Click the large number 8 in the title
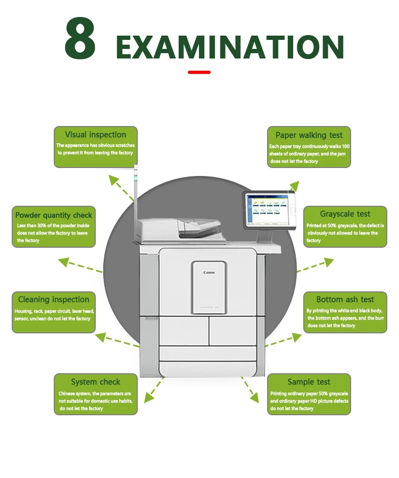pos(80,39)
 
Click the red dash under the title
pos(199,72)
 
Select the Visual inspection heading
pos(96,135)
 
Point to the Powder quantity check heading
pos(54,215)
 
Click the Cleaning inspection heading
pos(54,300)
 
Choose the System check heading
pos(96,382)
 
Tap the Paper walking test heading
pos(309,135)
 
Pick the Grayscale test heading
pos(345,214)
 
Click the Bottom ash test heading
pos(345,300)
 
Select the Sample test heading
pos(309,382)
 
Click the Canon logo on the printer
pos(210,272)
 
